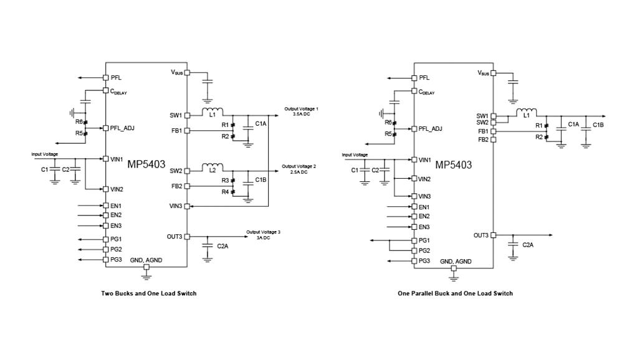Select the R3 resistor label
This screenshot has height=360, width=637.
[x=224, y=180]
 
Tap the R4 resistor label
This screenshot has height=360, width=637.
[x=224, y=191]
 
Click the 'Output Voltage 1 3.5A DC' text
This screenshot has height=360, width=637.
[x=301, y=111]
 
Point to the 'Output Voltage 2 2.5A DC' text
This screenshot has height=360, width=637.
[x=299, y=169]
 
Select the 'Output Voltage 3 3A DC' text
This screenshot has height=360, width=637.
[x=263, y=234]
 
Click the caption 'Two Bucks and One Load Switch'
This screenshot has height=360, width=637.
[x=148, y=293]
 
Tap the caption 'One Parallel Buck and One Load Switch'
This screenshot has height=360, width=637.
[x=455, y=293]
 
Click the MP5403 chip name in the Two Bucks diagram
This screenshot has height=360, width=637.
[x=146, y=164]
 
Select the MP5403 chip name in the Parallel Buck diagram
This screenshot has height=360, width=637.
[x=453, y=165]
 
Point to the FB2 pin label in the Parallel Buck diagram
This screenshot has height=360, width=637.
[x=483, y=140]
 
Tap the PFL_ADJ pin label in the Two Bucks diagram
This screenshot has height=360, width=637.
[x=122, y=128]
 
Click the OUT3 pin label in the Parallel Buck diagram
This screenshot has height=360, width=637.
[x=481, y=235]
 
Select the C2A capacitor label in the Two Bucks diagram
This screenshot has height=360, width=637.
[x=223, y=246]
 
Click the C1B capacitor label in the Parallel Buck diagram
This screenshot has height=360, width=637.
[x=598, y=125]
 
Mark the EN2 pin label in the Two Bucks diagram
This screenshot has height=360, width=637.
[x=115, y=215]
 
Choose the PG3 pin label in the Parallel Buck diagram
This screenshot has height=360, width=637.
[x=424, y=260]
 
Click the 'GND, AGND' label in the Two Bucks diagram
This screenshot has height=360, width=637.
[x=146, y=260]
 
